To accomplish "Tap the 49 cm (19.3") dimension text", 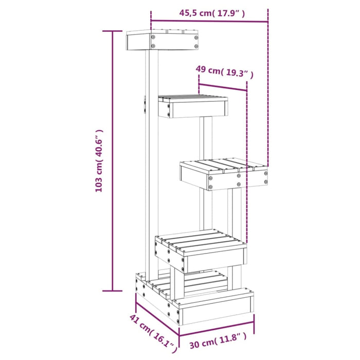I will click(x=225, y=71).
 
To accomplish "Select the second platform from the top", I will click(x=193, y=106).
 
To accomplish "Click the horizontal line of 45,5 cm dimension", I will click(x=209, y=22).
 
